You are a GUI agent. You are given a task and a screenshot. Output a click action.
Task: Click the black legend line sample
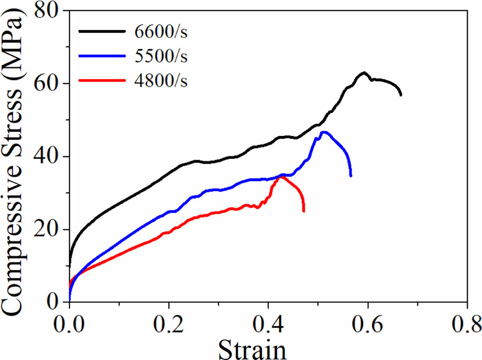click(102, 31)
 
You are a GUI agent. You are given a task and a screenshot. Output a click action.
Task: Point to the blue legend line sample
click(102, 56)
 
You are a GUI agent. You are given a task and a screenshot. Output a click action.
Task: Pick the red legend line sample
click(102, 81)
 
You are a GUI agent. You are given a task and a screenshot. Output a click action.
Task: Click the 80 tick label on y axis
click(47, 11)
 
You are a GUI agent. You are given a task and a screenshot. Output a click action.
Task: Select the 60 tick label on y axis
click(47, 84)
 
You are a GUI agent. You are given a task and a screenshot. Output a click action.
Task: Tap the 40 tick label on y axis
click(47, 157)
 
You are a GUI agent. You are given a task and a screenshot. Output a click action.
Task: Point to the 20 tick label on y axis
click(47, 229)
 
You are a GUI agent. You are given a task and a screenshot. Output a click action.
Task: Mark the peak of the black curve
click(364, 73)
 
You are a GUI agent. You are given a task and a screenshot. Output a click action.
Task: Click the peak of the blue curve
click(325, 132)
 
